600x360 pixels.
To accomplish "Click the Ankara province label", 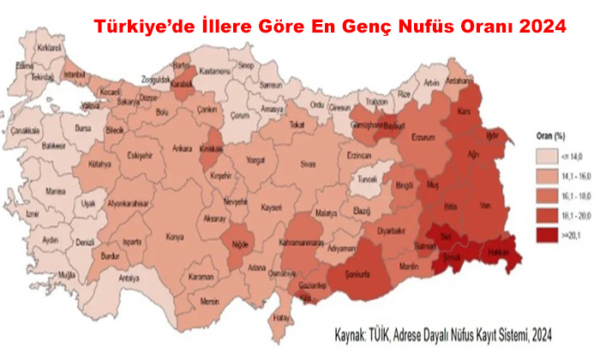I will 182,148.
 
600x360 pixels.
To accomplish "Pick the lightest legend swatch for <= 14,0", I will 542,157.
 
